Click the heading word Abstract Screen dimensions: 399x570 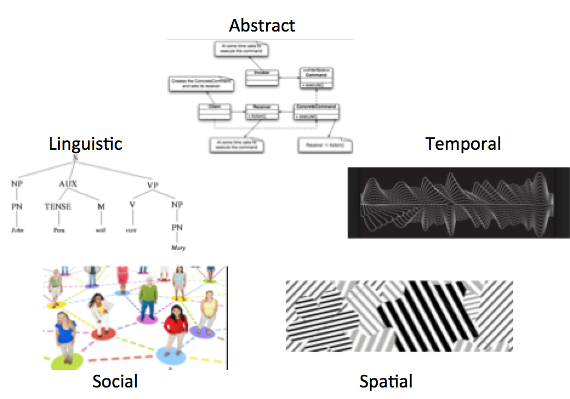click(262, 25)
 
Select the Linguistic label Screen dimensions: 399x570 click(85, 144)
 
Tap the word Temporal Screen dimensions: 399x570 click(463, 144)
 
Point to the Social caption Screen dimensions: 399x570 click(115, 381)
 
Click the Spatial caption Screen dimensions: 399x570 click(386, 381)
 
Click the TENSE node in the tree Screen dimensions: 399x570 click(58, 206)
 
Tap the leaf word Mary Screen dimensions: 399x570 click(177, 247)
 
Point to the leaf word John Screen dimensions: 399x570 click(18, 230)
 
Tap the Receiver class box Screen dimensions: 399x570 click(262, 111)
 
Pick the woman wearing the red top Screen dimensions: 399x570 click(175, 327)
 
